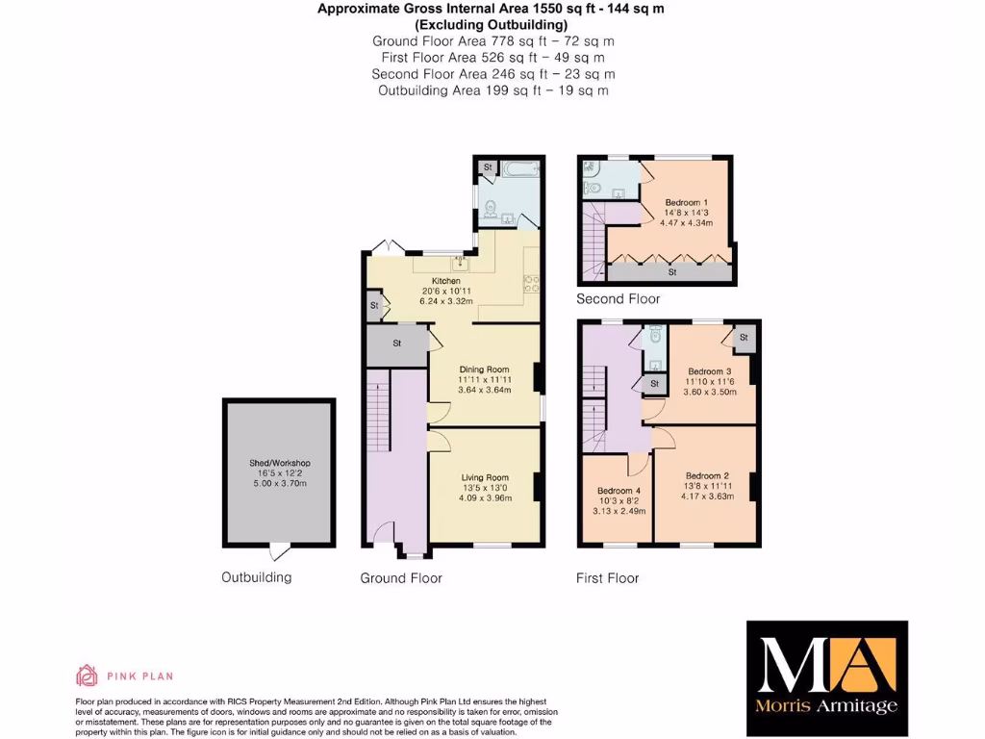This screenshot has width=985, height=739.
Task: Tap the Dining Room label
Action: click(x=484, y=369)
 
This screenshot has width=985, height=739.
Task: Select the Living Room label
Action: click(x=484, y=477)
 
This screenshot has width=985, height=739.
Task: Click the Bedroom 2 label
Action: click(x=707, y=475)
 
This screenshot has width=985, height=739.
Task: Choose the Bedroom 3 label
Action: click(x=709, y=371)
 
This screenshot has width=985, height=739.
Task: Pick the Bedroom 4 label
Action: click(x=617, y=491)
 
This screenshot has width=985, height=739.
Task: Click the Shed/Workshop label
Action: click(x=280, y=463)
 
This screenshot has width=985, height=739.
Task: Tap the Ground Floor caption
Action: click(x=401, y=578)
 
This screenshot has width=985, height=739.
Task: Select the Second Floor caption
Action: click(x=619, y=299)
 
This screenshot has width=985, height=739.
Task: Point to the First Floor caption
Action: click(x=608, y=578)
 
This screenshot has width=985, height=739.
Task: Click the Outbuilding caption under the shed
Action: click(x=257, y=577)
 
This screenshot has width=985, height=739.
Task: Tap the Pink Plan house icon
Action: click(x=88, y=675)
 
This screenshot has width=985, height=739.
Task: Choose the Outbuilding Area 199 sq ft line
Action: click(x=492, y=90)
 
